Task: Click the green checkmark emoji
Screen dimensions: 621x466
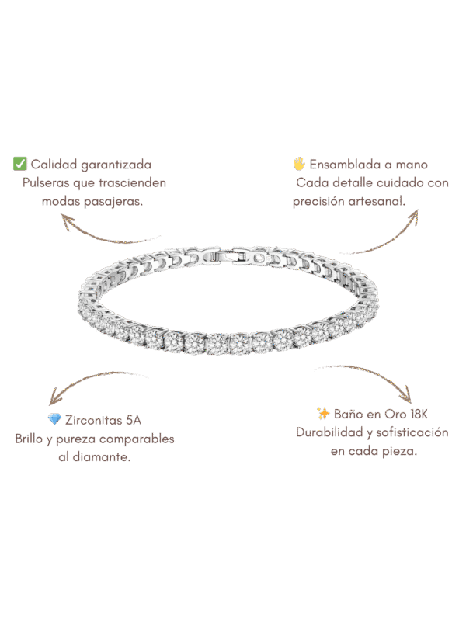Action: click(x=20, y=164)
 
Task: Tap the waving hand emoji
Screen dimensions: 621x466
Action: click(x=299, y=164)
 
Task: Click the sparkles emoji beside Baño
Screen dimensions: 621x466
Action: click(x=323, y=413)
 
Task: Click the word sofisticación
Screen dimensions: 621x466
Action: click(x=408, y=432)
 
